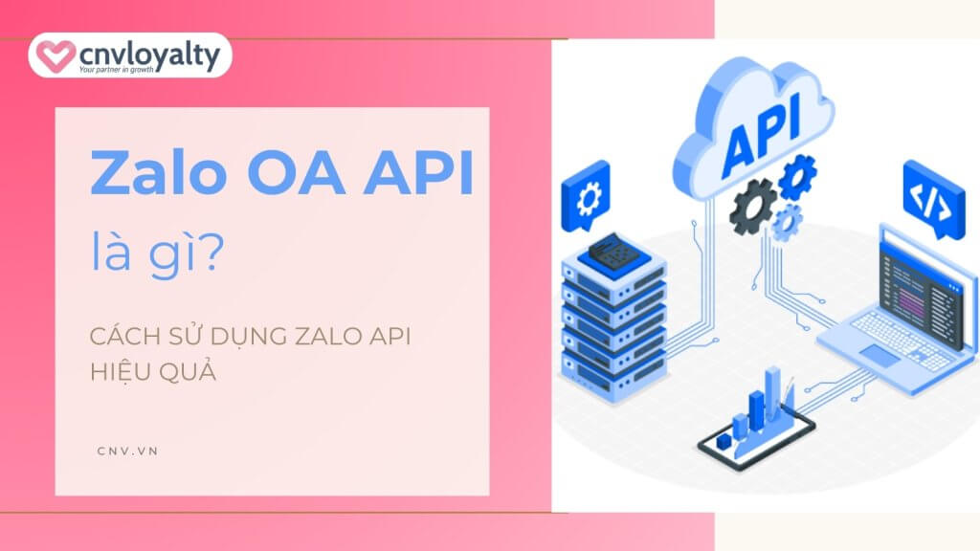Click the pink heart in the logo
pos(56,55)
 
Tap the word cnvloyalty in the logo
pos(150,55)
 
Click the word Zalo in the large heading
pos(159,173)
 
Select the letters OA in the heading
pos(297,173)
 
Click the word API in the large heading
pos(418,173)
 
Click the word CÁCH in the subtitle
pos(125,336)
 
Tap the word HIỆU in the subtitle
pos(116,372)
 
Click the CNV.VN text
pos(127,452)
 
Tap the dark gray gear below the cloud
pos(752,207)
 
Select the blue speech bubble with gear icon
pos(586,195)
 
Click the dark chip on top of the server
pos(613,252)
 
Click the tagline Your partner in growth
pos(116,69)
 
